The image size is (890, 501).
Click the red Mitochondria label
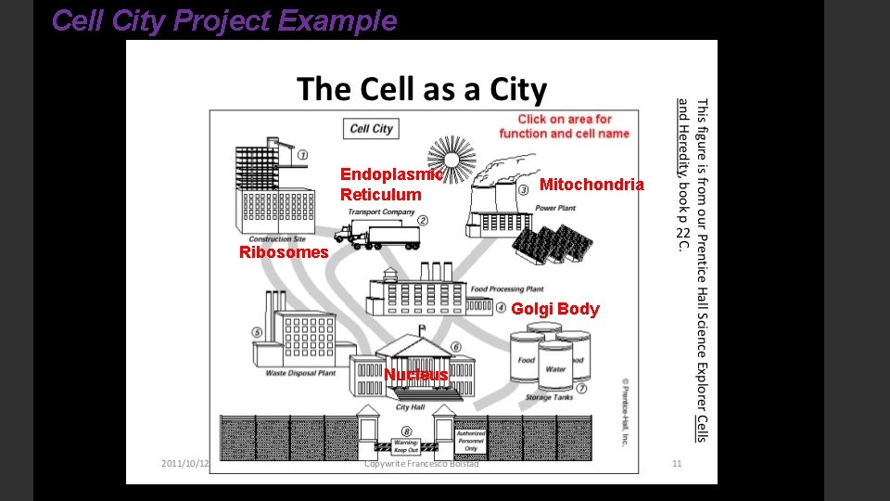click(x=591, y=185)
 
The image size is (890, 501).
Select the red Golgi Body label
click(x=555, y=309)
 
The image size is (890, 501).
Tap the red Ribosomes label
click(x=284, y=252)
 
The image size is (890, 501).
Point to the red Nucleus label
click(x=416, y=375)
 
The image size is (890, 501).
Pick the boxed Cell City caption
click(x=371, y=129)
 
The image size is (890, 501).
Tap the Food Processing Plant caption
click(x=507, y=289)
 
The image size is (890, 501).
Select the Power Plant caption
click(x=556, y=208)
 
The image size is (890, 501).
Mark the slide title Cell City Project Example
click(x=224, y=20)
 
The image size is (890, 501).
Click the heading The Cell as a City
click(x=422, y=90)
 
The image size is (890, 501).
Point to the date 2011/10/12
click(x=186, y=462)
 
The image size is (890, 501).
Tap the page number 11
click(x=677, y=462)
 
